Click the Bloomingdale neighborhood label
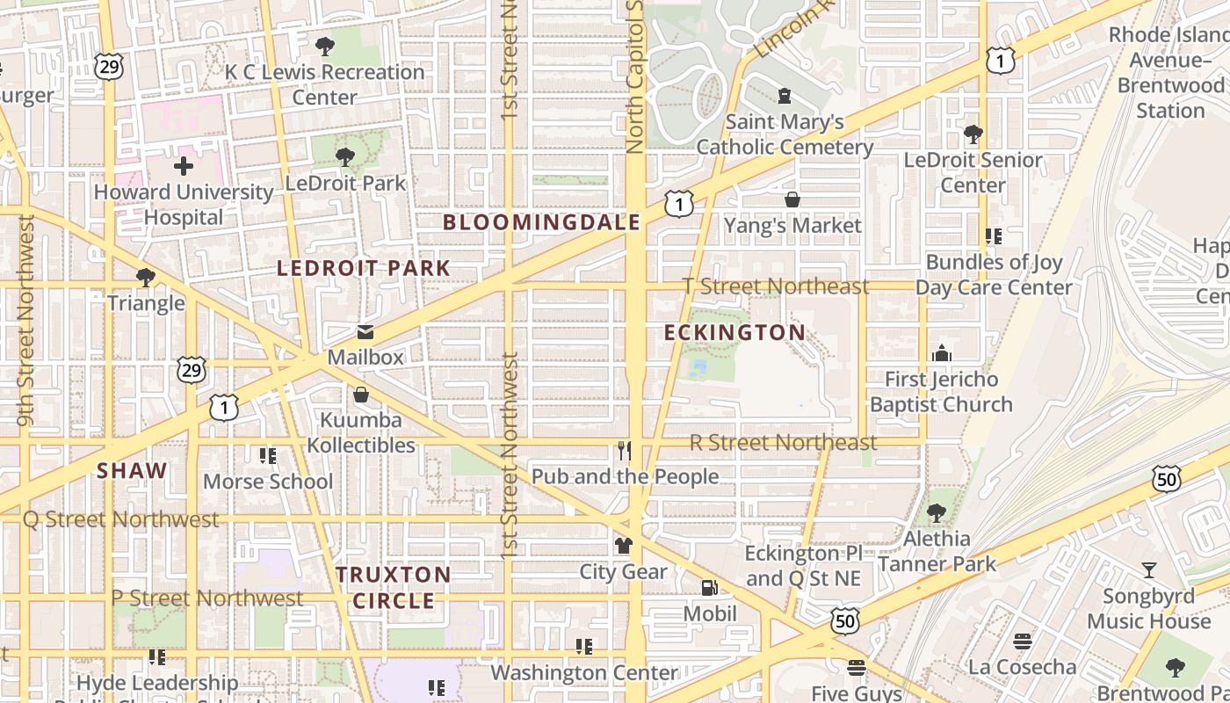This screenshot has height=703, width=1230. click(541, 222)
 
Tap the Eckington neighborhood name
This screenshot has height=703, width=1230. click(734, 332)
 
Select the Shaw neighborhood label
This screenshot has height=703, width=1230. click(132, 470)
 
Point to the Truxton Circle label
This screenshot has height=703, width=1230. click(394, 587)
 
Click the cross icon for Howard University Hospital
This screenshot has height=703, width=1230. click(184, 165)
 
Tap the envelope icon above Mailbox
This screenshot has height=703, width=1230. click(365, 332)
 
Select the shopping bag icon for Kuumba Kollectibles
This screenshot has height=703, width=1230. click(360, 395)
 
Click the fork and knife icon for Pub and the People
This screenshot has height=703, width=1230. click(625, 451)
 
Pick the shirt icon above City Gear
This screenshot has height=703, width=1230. click(624, 546)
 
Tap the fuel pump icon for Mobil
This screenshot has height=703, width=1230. click(709, 588)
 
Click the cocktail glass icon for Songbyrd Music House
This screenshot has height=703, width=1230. click(1149, 570)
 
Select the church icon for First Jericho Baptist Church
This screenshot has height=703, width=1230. click(941, 353)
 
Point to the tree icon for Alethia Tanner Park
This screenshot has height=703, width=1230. click(937, 513)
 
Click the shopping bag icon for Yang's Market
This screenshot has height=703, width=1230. click(792, 200)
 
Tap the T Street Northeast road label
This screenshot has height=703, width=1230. click(776, 286)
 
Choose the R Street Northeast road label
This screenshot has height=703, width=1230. click(783, 442)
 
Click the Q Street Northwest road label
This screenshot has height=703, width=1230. click(120, 519)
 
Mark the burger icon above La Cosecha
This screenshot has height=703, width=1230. click(1022, 641)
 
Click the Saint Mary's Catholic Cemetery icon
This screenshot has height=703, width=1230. click(785, 96)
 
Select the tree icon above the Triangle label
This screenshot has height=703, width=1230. click(146, 278)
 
